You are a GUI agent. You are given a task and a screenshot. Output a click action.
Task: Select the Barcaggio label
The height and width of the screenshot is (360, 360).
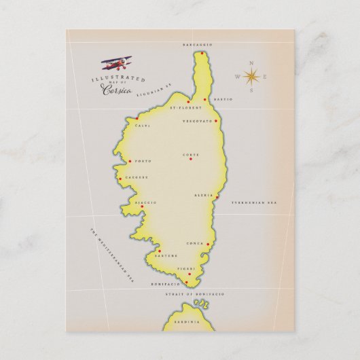198,44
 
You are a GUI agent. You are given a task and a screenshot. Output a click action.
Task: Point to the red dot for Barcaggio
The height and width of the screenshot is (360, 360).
202,52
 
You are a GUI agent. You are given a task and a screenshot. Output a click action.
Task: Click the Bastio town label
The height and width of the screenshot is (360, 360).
222,99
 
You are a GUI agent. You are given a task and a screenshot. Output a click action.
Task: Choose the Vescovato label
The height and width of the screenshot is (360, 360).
197,121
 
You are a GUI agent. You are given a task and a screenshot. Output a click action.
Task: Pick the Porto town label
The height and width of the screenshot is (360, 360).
143,161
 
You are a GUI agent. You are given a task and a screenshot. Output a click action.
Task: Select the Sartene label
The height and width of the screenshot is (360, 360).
168,255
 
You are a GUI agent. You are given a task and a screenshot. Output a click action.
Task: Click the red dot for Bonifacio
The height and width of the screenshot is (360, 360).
187,282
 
